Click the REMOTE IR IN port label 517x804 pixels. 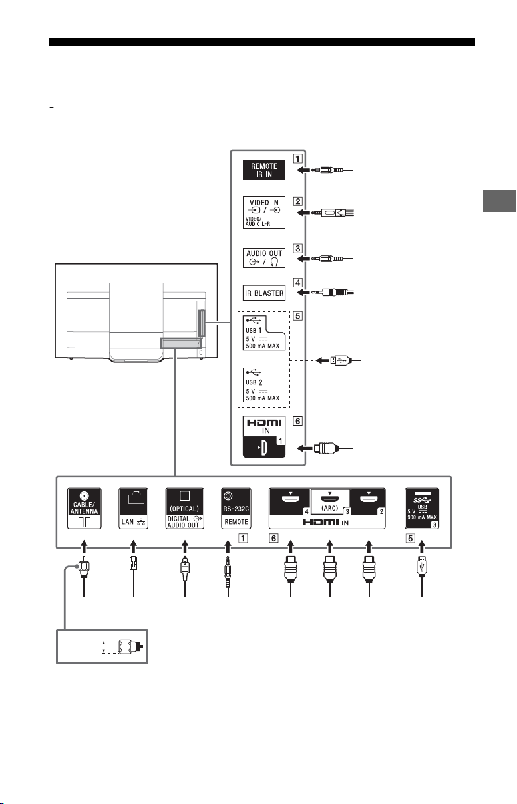(x=264, y=170)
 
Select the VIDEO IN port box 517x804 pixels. (x=264, y=212)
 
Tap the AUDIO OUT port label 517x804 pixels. (x=264, y=258)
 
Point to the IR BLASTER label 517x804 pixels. (x=264, y=293)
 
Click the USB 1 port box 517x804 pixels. (x=264, y=333)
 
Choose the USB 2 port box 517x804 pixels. (x=264, y=385)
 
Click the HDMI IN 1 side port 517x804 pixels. (x=264, y=437)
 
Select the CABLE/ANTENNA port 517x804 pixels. (x=85, y=509)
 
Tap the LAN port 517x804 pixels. (x=134, y=509)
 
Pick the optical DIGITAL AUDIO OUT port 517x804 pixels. (x=185, y=509)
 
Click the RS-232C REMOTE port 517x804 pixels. (x=236, y=509)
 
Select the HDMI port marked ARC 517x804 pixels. (x=330, y=502)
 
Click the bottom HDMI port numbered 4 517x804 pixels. (x=290, y=502)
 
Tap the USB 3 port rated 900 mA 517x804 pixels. (x=422, y=509)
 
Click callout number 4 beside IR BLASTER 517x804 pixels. (x=297, y=283)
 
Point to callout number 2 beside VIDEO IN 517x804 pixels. (x=297, y=201)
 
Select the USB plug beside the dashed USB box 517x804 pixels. (x=338, y=360)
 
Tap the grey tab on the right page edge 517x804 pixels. (x=500, y=201)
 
